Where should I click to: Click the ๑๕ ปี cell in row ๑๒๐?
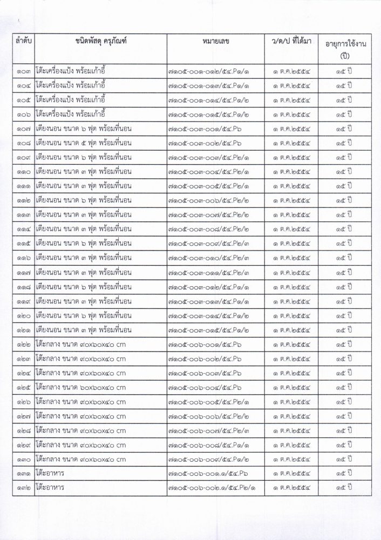coord(343,315)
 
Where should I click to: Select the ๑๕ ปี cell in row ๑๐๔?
coord(343,86)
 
